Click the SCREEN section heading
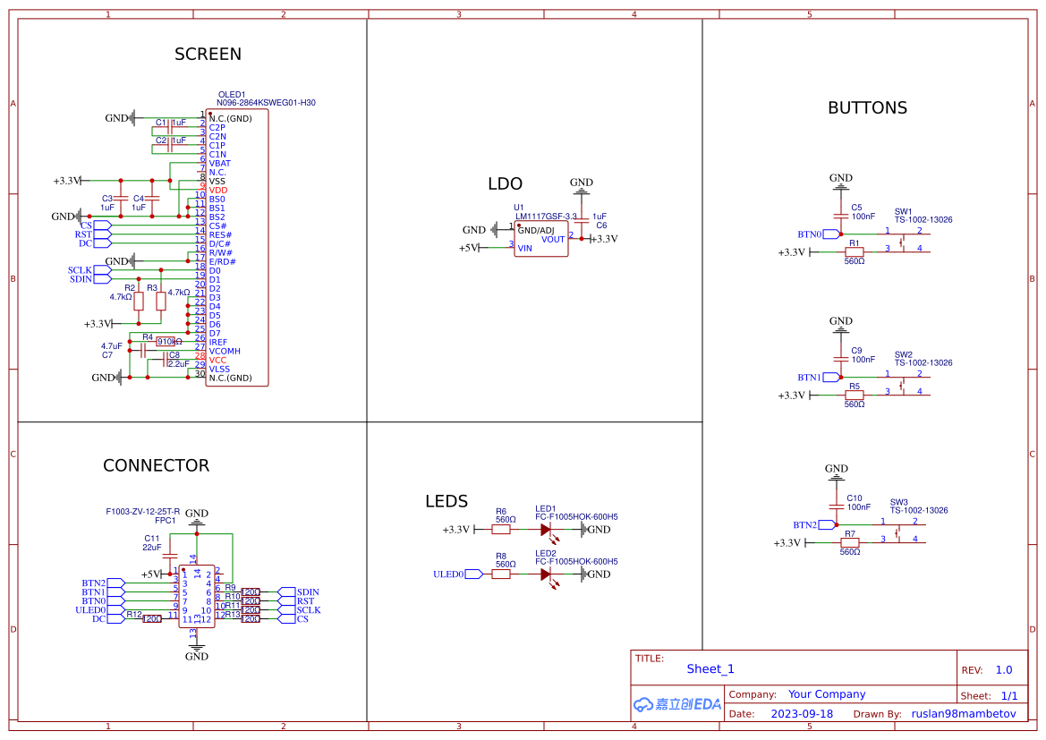208,55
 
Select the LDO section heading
505,184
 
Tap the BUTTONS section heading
867,108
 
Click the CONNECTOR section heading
156,466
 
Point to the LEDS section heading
446,502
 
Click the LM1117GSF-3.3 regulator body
540,239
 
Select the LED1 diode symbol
545,530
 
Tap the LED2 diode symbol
545,574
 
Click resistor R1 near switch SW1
854,252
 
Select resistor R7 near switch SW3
849,542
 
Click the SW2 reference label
903,354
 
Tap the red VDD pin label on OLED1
218,191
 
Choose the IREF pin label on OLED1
218,343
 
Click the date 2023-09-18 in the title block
802,714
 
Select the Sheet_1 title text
710,669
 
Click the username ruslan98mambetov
964,714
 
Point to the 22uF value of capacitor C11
151,547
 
